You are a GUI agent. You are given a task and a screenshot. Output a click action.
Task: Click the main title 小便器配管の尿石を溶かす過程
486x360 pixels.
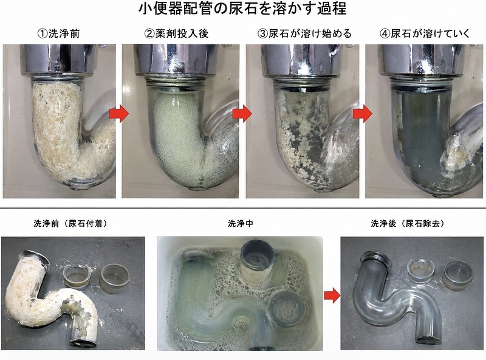click(242, 9)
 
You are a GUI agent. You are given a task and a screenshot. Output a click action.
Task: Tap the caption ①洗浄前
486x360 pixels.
click(58, 33)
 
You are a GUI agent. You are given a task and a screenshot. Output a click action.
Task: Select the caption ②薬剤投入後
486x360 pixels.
click(176, 33)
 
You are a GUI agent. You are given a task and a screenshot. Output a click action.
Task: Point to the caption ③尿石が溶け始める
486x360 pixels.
click(304, 33)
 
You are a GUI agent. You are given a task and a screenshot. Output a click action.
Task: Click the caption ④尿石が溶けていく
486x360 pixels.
click(425, 33)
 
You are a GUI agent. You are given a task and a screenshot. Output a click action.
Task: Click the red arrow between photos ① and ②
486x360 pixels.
click(118, 114)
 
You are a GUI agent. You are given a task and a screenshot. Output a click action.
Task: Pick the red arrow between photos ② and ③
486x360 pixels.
click(242, 114)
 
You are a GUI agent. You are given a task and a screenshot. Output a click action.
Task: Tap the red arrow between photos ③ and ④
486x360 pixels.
click(362, 114)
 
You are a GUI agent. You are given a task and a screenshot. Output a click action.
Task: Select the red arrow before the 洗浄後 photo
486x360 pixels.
click(332, 295)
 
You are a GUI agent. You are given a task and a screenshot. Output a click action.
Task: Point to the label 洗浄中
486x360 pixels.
click(240, 223)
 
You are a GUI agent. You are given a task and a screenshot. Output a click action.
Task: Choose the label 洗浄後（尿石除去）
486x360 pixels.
click(408, 223)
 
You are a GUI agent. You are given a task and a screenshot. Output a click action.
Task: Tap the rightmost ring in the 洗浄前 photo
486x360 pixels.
click(114, 279)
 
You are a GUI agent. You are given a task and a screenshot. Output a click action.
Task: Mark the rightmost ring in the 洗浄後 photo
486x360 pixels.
click(458, 275)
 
